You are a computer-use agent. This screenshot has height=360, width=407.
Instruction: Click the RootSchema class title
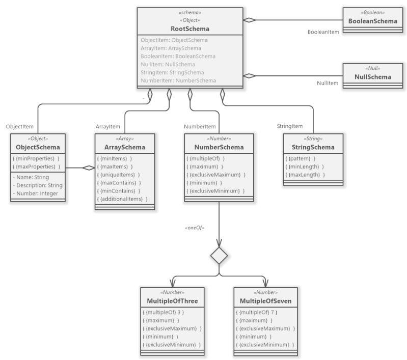click(x=190, y=29)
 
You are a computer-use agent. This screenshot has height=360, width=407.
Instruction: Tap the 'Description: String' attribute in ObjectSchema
click(x=37, y=185)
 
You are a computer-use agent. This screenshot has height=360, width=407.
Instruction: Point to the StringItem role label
click(x=290, y=126)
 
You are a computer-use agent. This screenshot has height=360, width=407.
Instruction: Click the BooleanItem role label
click(x=323, y=32)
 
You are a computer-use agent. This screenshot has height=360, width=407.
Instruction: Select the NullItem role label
click(x=328, y=83)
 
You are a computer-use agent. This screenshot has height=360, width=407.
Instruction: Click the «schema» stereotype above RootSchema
click(x=190, y=12)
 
